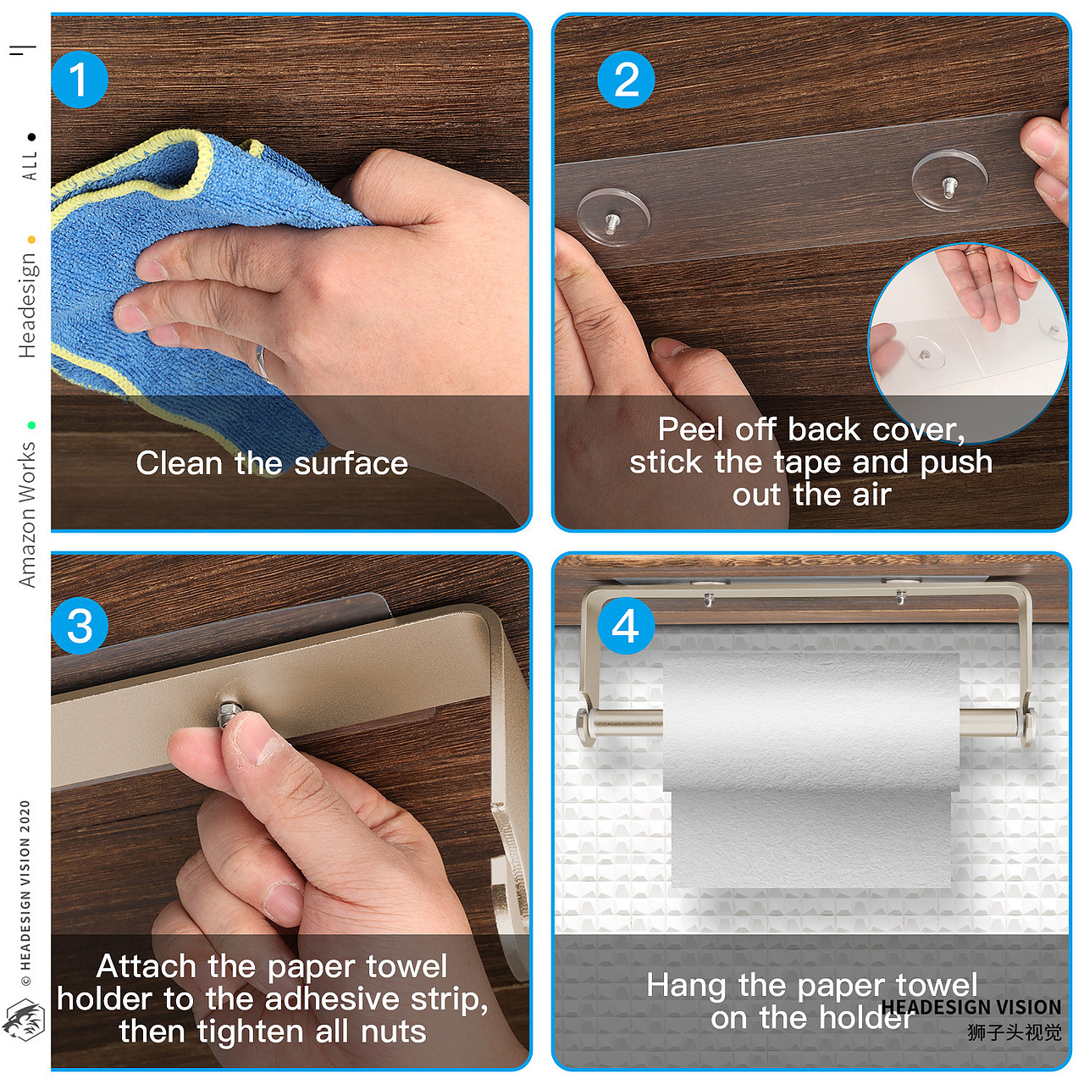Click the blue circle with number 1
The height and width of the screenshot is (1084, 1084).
80,80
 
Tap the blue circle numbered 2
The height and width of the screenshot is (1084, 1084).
626,80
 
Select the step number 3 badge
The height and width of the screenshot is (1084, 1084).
80,626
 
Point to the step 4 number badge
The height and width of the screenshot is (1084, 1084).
626,626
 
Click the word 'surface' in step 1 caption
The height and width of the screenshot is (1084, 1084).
351,463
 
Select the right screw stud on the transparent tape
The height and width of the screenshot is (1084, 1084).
950,188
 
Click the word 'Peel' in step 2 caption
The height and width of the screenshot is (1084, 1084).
690,429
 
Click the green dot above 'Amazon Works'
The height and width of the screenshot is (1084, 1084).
31,425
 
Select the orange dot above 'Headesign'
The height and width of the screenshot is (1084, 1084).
31,240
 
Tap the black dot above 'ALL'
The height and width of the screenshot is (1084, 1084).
31,136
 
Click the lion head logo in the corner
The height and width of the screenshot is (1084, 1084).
24,1020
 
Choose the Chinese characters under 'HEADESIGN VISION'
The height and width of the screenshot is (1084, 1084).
1015,1032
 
